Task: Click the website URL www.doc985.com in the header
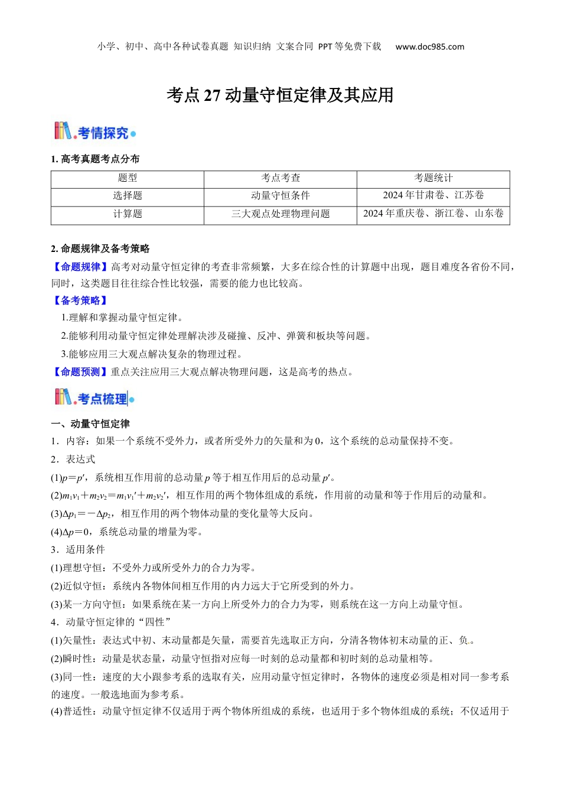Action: point(429,47)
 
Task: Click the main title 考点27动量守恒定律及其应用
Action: point(280,95)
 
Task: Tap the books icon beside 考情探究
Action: point(63,131)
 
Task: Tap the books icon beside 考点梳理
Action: point(63,397)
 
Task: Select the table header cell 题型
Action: point(128,178)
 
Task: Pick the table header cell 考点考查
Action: point(280,178)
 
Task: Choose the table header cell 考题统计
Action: point(433,178)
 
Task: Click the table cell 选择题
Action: point(128,196)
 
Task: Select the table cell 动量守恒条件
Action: point(280,196)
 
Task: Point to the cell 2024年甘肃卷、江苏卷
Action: point(433,196)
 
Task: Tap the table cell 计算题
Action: point(128,214)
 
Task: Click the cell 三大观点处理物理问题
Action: point(280,214)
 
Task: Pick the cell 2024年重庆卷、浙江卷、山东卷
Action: point(433,214)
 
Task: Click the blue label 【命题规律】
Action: point(80,267)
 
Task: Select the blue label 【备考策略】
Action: point(80,301)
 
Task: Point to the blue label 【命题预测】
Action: point(80,372)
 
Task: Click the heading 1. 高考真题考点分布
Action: point(96,159)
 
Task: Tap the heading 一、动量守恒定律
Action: point(90,424)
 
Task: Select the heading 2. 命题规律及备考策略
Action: point(100,249)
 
